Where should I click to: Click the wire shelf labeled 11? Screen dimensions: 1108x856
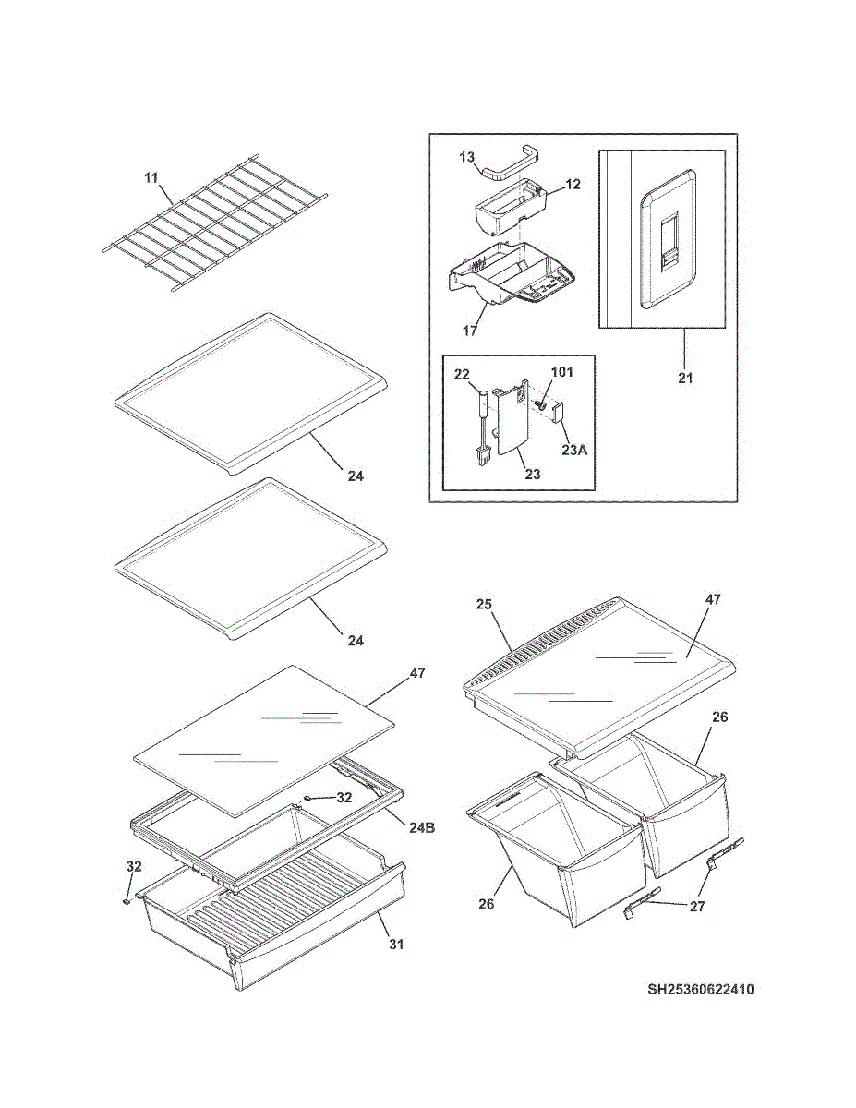pos(217,227)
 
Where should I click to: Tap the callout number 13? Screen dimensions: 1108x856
pos(468,157)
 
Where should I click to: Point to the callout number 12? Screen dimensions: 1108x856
pos(573,185)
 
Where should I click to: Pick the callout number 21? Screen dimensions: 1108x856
pos(684,378)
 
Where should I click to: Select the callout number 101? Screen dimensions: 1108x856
pos(562,373)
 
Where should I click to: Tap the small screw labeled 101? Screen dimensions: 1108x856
pos(543,403)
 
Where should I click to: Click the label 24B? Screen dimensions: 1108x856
pos(423,827)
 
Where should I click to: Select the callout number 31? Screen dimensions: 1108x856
pos(395,945)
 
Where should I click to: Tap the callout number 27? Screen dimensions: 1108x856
pos(697,907)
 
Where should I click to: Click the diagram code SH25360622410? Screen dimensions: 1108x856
pos(700,990)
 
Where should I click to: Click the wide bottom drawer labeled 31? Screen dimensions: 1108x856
pos(277,933)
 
